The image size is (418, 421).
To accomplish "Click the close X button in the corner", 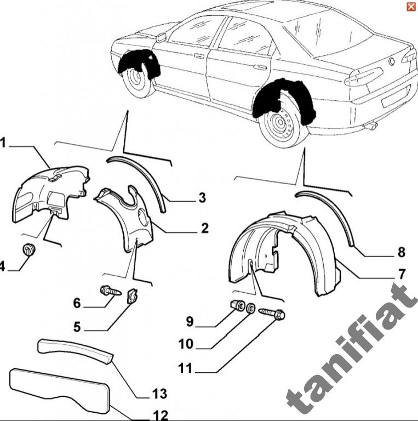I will point(410,7).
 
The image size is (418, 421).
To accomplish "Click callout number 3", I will point(202,197).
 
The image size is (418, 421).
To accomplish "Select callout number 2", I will point(204,228).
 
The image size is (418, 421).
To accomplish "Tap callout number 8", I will point(402,252).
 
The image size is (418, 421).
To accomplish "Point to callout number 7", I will point(402,274).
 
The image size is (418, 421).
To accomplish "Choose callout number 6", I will point(77,302).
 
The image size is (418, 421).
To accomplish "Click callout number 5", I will point(77,327).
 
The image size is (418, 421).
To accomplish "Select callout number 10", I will point(186,344).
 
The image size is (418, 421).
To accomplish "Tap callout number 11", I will point(186,368).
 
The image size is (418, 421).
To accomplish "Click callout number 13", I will point(160,393).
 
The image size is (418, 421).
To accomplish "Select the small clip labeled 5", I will point(132,296).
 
